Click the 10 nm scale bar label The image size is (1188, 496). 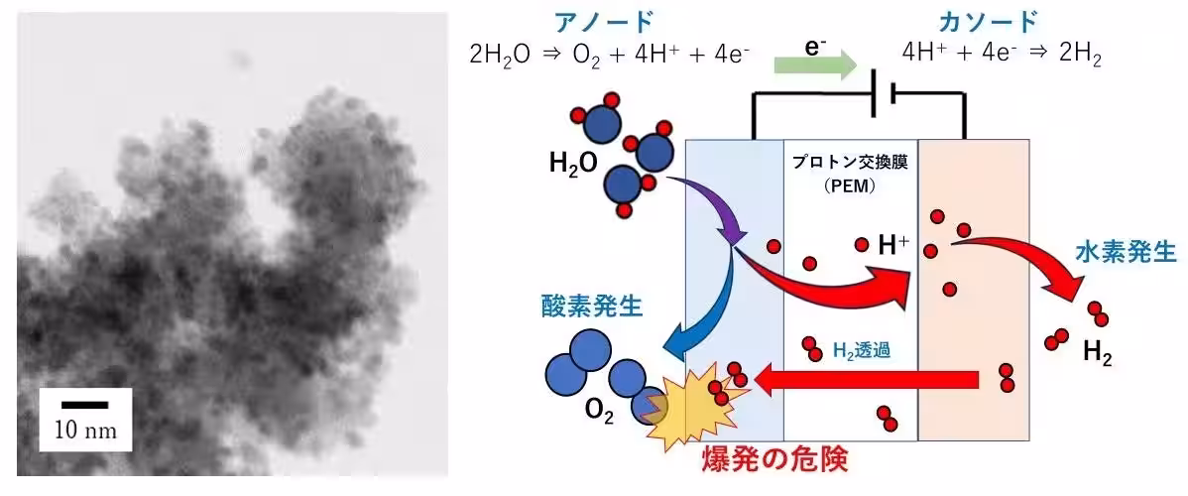click(86, 432)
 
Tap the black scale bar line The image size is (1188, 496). click(85, 405)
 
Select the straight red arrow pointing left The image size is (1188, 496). click(867, 378)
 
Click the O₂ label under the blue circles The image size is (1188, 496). click(599, 414)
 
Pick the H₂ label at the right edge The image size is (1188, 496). click(1098, 352)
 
